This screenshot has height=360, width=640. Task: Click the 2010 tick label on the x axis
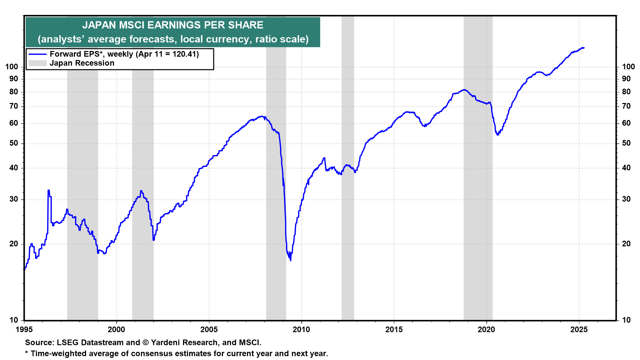(301, 330)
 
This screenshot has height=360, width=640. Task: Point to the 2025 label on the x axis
(579, 330)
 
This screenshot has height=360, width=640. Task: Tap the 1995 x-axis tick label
(24, 330)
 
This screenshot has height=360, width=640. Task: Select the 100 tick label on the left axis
(12, 67)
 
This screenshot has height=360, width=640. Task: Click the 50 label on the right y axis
(626, 143)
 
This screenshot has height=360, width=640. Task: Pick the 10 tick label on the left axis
(14, 320)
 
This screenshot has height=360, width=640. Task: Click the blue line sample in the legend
(37, 54)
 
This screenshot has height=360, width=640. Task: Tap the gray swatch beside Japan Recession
(37, 63)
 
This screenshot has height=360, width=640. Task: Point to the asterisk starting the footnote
(27, 353)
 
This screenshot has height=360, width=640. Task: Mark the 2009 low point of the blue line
(290, 260)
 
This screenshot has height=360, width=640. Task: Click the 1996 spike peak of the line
(49, 190)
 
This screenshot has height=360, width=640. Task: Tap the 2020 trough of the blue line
(498, 135)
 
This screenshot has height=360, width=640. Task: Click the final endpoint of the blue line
(584, 48)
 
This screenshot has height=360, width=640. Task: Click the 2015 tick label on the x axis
(394, 330)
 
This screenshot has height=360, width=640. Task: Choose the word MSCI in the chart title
(131, 25)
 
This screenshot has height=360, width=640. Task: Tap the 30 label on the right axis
(626, 199)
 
